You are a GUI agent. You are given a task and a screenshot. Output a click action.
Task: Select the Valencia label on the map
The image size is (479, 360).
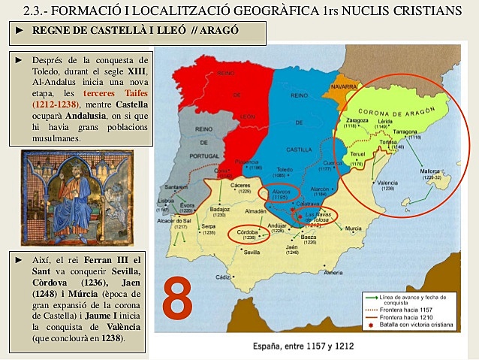(388, 183)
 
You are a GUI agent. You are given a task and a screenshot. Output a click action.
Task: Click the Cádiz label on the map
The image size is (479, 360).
(222, 277)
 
